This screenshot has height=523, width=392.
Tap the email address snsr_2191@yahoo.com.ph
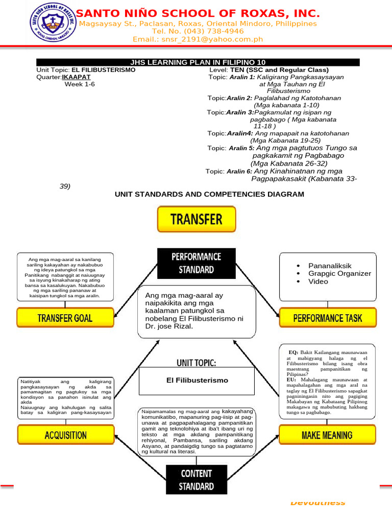[x=198, y=39]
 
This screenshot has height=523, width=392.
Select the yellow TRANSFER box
[x=197, y=220]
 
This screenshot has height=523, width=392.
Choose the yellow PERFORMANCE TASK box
[x=327, y=318]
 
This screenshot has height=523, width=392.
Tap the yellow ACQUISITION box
[x=65, y=435]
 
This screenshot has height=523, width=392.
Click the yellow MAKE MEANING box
[x=327, y=435]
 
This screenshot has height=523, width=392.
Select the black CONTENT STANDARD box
[x=196, y=480]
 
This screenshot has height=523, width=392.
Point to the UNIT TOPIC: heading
[x=196, y=363]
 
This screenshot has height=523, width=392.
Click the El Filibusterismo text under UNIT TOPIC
[x=197, y=381]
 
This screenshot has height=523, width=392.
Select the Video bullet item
[x=318, y=281]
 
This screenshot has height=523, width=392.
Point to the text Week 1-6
[x=80, y=84]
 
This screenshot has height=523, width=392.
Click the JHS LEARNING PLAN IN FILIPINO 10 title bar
[x=198, y=62]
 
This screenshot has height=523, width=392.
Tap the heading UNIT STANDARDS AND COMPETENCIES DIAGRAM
[x=209, y=194]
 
